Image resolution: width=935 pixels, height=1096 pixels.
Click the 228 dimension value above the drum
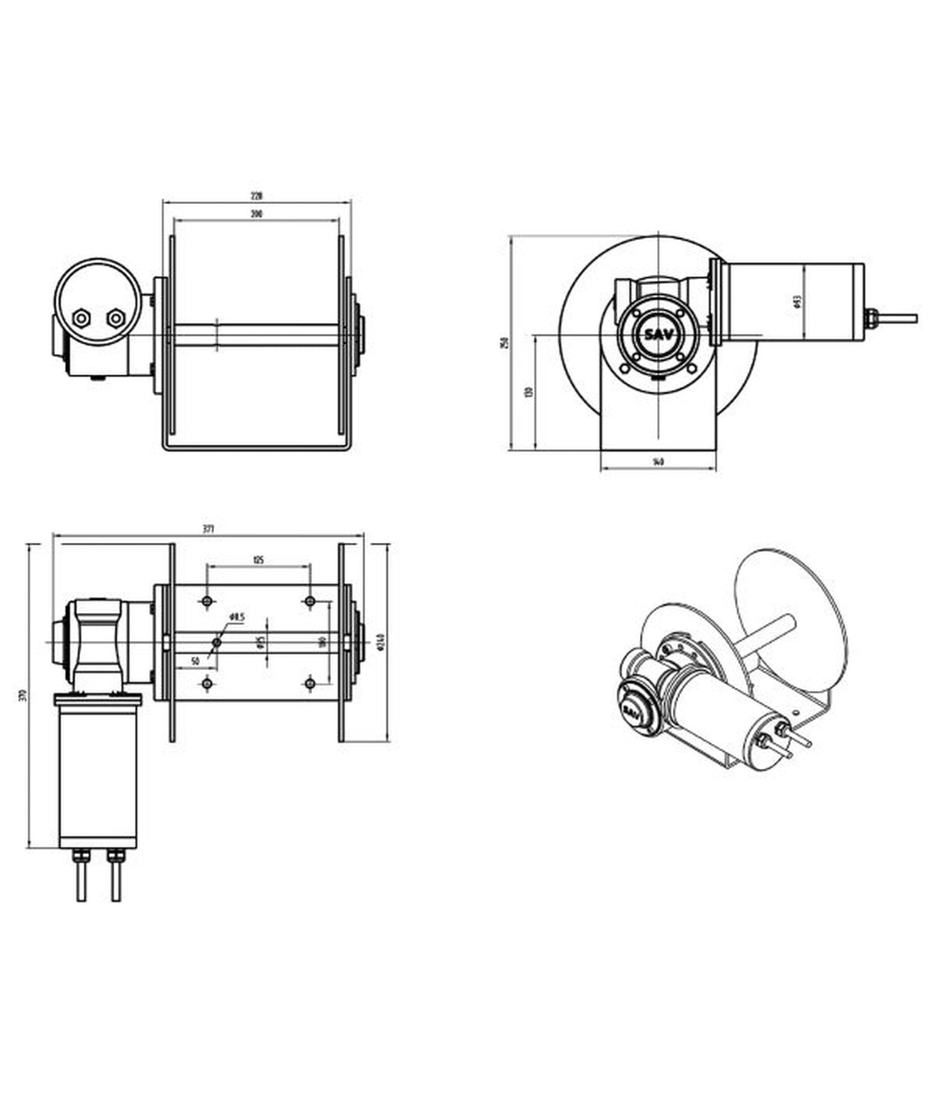[x=256, y=196]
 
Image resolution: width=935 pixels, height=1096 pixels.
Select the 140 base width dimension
[x=658, y=461]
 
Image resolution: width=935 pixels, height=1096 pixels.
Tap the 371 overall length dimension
[x=208, y=528]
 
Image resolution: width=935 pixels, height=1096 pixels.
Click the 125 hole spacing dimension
[x=258, y=560]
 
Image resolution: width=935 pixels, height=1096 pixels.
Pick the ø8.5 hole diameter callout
[x=237, y=617]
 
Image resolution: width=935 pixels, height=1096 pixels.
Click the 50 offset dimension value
[x=195, y=661]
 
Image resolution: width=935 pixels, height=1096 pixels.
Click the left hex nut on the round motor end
[x=81, y=317]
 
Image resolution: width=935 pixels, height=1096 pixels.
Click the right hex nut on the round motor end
[x=116, y=317]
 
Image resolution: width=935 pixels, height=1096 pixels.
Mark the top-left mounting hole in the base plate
[x=206, y=601]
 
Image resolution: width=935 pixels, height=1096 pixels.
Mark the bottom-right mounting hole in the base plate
[x=310, y=683]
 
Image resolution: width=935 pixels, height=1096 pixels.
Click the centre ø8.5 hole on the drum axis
[x=217, y=642]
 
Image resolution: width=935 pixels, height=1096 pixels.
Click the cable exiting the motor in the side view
[x=897, y=317]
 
